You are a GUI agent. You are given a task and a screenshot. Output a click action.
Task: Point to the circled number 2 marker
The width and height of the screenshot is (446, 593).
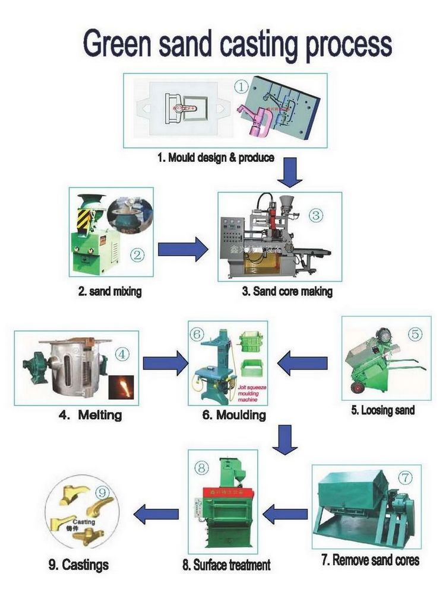tap(138, 256)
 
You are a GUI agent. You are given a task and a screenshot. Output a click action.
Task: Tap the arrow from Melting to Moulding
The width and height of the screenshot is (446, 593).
tap(165, 364)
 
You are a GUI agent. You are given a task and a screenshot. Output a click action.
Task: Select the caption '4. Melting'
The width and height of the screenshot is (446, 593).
tap(90, 415)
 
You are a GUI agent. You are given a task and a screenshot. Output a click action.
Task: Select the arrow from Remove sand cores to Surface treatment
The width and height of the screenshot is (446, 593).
tap(286, 513)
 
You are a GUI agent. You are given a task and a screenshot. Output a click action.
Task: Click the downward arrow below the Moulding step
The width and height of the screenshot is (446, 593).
tap(286, 439)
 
